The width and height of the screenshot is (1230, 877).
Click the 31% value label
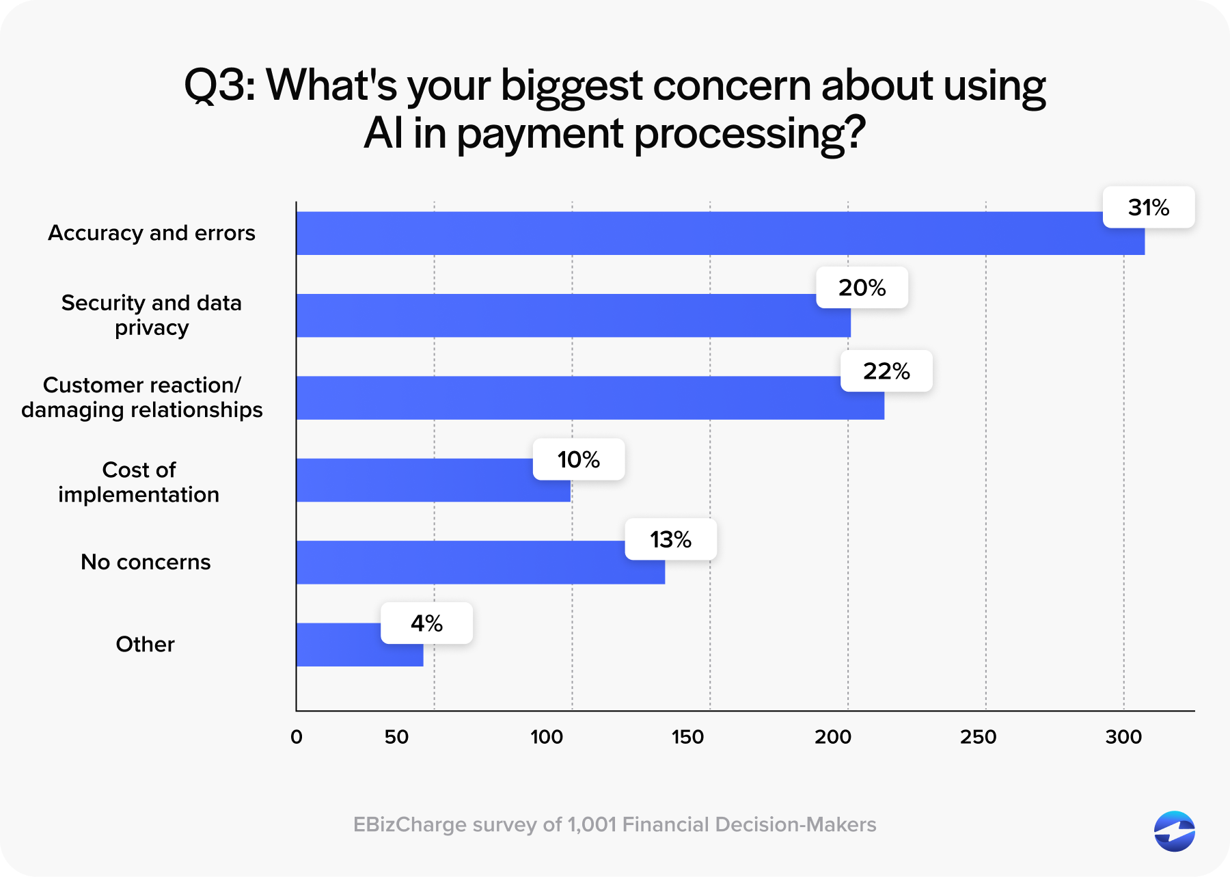(1149, 207)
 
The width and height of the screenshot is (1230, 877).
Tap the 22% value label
(886, 371)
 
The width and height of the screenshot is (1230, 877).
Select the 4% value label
(426, 623)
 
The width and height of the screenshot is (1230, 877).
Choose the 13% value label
(670, 540)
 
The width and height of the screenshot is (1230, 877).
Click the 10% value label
(578, 459)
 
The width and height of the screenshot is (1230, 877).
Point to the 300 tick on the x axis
(1123, 737)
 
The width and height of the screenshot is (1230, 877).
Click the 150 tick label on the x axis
(687, 737)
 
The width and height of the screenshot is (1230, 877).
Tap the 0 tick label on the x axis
(297, 737)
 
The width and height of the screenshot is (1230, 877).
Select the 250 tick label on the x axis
(978, 737)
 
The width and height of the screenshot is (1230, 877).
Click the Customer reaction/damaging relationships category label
(142, 397)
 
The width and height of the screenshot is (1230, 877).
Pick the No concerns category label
(146, 562)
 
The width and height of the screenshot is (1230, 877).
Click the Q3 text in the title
(219, 86)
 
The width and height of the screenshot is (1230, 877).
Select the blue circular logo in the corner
(1174, 831)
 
